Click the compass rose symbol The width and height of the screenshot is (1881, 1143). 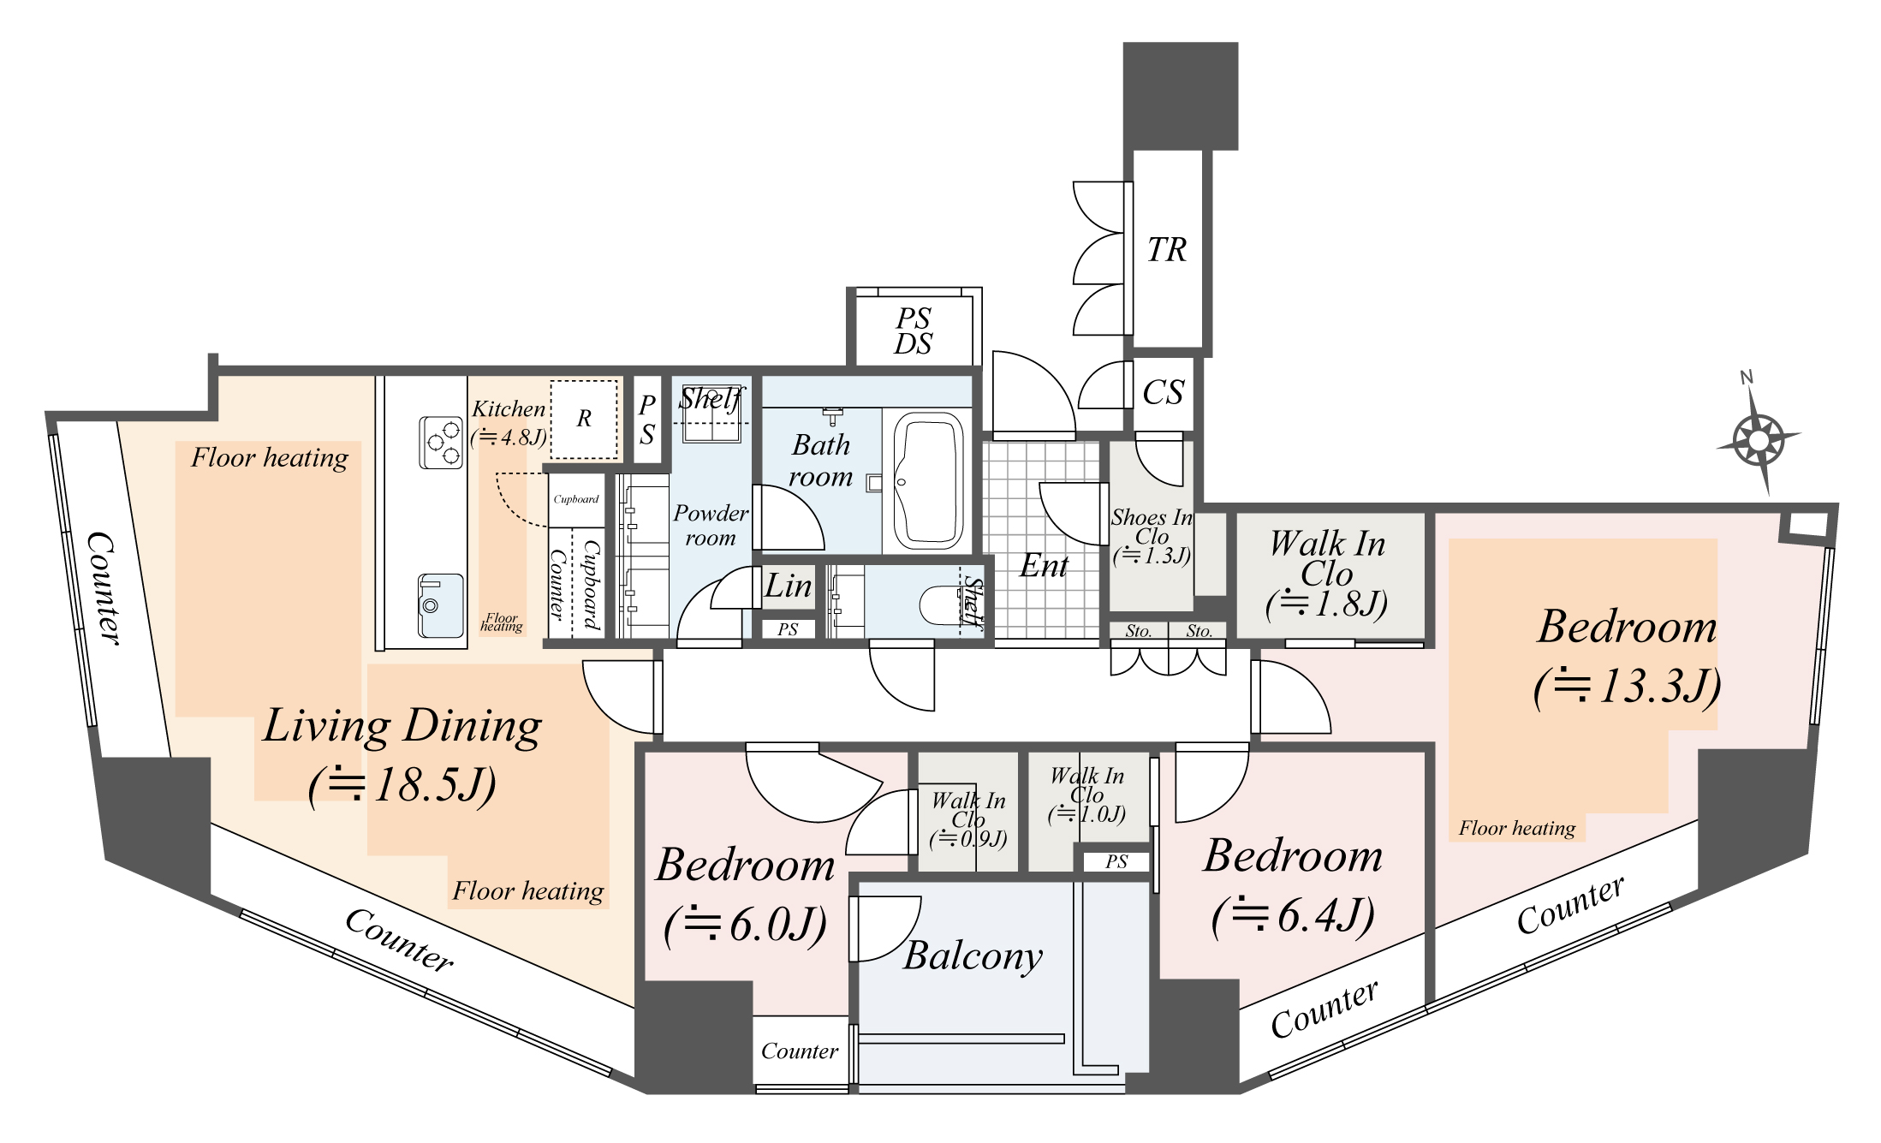(x=1759, y=441)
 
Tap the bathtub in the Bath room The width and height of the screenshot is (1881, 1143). (x=928, y=481)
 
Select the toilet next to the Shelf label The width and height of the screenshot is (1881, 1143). (x=943, y=604)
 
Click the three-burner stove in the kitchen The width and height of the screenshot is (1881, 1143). (x=441, y=442)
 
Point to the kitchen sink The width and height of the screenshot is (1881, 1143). (x=441, y=605)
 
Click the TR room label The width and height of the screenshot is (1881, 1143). (x=1166, y=251)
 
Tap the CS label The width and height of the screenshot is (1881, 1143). (x=1163, y=393)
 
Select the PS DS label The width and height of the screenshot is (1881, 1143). (x=913, y=331)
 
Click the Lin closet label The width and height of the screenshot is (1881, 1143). (x=788, y=586)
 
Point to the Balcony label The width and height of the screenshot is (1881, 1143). (x=973, y=955)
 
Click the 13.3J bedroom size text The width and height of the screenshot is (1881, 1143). (x=1627, y=686)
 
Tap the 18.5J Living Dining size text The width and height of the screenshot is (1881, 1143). (x=402, y=784)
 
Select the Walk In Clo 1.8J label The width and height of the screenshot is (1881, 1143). (x=1327, y=574)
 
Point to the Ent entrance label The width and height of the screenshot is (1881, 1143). (x=1044, y=566)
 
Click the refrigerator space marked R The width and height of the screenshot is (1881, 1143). (x=584, y=419)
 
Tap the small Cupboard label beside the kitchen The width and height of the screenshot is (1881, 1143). (x=575, y=499)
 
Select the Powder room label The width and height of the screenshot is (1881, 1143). (x=711, y=525)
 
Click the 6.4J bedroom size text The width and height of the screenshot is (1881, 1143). (x=1293, y=915)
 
